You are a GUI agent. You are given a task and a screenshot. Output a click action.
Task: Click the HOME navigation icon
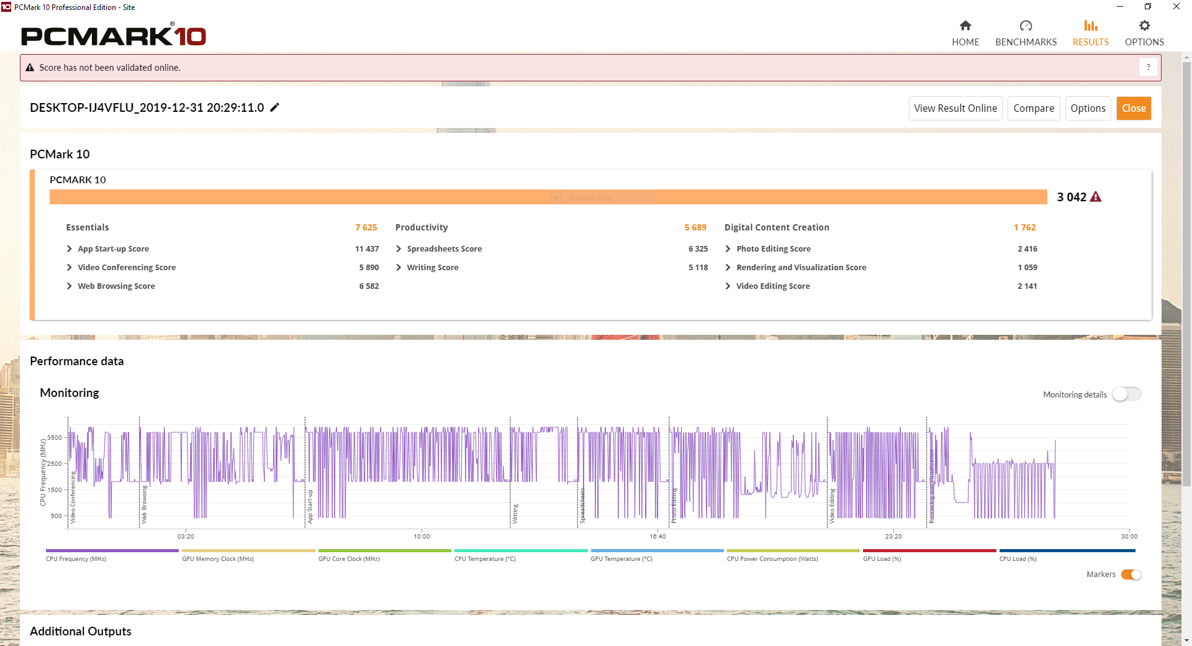click(965, 26)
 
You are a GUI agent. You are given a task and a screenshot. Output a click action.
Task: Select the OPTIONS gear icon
click(1144, 26)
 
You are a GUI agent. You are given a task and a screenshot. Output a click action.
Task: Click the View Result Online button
click(955, 108)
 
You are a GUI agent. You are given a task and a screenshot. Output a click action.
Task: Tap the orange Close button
click(1133, 108)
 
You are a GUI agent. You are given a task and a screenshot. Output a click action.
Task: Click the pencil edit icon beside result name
click(274, 107)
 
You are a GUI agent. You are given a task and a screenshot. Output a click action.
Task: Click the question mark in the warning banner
click(1148, 67)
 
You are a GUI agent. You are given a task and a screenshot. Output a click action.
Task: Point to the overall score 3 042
click(1072, 197)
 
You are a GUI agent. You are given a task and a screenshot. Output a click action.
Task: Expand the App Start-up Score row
click(70, 249)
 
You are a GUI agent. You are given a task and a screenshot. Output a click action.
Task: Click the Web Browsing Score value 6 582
click(369, 286)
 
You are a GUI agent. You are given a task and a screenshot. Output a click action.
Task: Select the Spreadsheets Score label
click(444, 249)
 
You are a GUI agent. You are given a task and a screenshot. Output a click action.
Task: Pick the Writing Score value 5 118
click(698, 268)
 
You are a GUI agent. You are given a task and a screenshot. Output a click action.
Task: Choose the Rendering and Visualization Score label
click(801, 268)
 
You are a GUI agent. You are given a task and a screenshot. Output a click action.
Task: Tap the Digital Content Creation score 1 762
click(1024, 227)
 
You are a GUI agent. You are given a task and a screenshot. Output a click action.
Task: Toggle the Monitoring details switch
click(1126, 394)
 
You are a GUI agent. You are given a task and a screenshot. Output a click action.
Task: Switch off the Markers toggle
click(1131, 575)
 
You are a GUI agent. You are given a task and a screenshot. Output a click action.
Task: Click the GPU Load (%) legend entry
click(882, 559)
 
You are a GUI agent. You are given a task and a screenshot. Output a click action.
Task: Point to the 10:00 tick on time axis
click(422, 536)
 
